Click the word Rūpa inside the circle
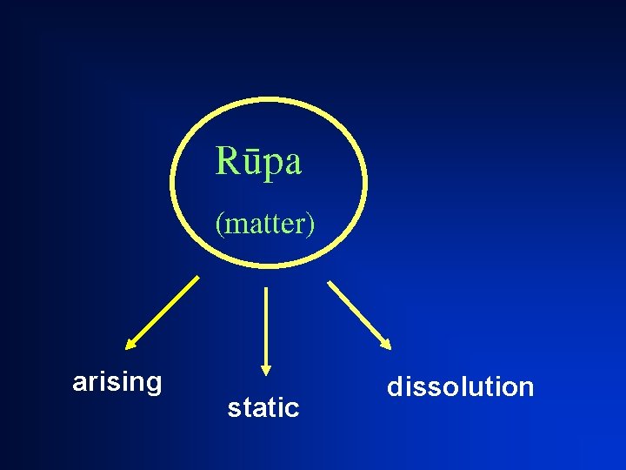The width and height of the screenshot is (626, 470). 258,161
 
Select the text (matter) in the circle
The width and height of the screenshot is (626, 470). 265,224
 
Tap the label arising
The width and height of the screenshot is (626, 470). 117,382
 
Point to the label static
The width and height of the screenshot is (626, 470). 263,407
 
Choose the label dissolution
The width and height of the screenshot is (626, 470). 460,386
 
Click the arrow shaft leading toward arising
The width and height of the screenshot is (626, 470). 165,309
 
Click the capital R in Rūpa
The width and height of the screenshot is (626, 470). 226,161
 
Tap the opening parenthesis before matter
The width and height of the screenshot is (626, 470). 219,225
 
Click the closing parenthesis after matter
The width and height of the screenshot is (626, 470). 311,225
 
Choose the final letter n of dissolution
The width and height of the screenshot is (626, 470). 526,388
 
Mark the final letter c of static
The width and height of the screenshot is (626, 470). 293,408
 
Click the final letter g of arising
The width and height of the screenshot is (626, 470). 154,385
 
